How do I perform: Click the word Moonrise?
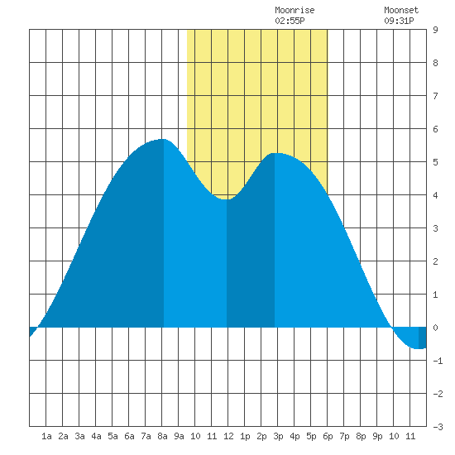tap(295, 10)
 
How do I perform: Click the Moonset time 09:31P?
tap(399, 21)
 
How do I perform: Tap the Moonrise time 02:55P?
tap(290, 21)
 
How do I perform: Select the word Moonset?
tap(401, 10)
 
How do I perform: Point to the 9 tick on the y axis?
tap(435, 30)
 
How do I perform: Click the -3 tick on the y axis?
tap(438, 427)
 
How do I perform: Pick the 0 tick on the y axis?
tap(435, 328)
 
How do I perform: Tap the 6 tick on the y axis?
tap(435, 129)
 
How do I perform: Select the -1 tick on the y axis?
tap(438, 361)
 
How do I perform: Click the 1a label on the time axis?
tap(46, 436)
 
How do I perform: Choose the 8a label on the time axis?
tap(162, 436)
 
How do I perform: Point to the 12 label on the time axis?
tap(228, 436)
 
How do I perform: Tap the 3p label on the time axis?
tap(278, 436)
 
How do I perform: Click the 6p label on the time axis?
tap(328, 436)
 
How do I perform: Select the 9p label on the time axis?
tap(377, 436)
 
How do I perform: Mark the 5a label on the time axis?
tap(113, 436)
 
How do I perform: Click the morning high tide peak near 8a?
tap(163, 139)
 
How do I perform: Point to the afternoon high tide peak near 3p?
tap(275, 153)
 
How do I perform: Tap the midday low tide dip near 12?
tap(227, 199)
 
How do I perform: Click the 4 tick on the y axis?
tap(435, 195)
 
